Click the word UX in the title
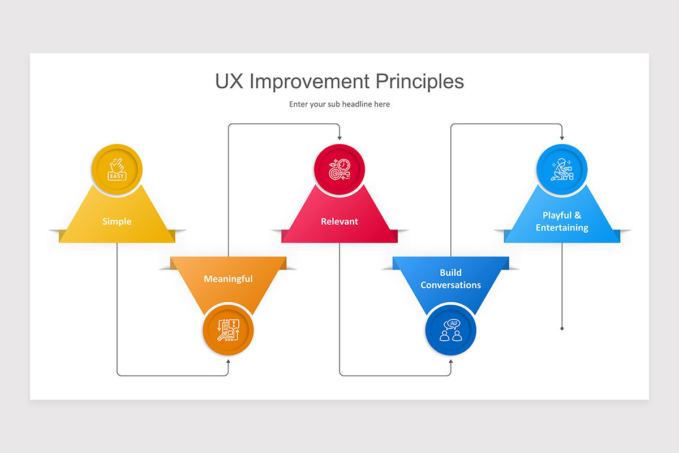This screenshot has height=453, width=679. point(230,81)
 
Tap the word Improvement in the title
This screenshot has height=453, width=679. point(310,81)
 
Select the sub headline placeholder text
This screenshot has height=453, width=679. point(339,104)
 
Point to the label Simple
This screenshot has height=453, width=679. point(117,221)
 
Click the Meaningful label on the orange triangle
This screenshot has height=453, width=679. point(228,279)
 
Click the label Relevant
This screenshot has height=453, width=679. point(339,221)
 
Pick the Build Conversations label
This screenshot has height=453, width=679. point(450,279)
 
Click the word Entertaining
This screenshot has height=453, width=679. point(562,228)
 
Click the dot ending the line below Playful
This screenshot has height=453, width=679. point(562,328)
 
